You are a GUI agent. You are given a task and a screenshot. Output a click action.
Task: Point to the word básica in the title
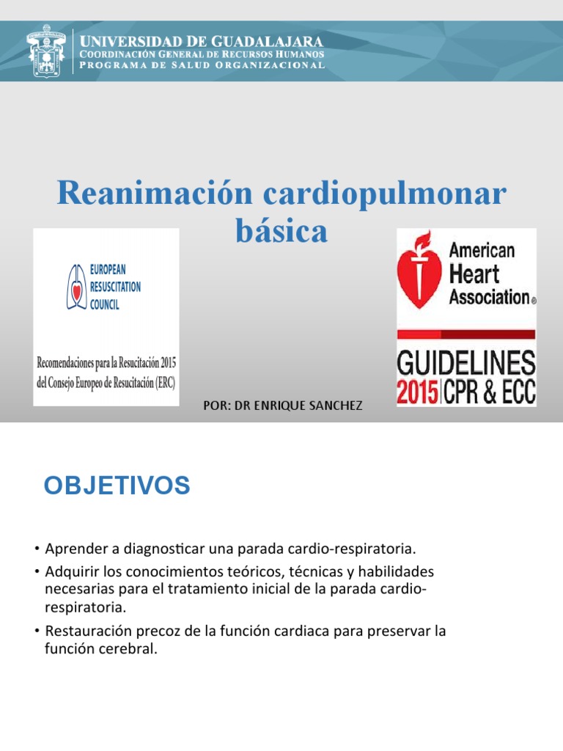point(281,231)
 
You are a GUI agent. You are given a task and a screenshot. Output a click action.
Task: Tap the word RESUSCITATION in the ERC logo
point(115,287)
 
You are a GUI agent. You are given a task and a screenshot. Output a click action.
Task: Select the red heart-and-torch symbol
point(419,271)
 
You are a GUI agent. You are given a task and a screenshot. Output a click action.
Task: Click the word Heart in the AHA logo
point(474,274)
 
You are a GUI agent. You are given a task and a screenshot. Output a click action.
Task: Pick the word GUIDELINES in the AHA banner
point(466,363)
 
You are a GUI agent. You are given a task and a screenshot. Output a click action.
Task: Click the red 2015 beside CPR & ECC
point(417,392)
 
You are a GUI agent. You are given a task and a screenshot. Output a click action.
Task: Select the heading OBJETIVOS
point(117,486)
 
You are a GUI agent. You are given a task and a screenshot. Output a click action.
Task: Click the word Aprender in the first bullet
point(71,549)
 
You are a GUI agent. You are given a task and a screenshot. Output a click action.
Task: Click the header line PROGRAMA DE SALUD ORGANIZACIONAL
point(202,65)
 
